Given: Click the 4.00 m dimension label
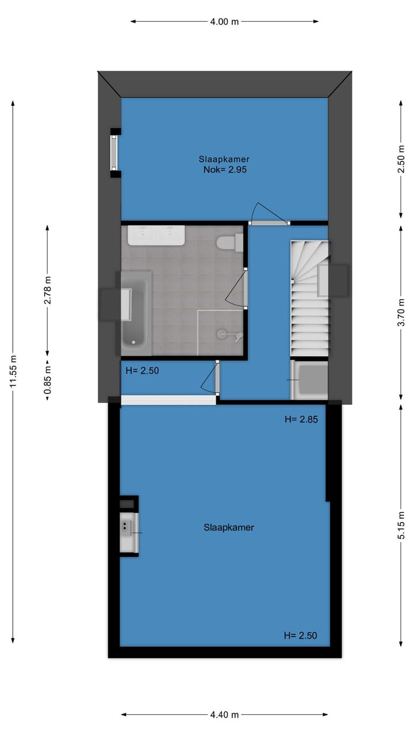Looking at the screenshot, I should click(224, 22).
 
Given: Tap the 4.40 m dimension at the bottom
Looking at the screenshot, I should click(224, 715).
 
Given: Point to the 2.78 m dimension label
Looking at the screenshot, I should click(48, 290).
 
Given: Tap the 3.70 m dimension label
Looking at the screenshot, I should click(401, 310).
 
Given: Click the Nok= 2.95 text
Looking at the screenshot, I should click(225, 170).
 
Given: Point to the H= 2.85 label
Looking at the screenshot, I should click(301, 420).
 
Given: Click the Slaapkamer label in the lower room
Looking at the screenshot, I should click(228, 527).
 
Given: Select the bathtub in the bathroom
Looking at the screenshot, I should click(136, 313).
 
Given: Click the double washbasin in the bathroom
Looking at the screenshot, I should click(156, 235).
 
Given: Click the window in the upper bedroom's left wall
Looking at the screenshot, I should click(114, 152).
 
